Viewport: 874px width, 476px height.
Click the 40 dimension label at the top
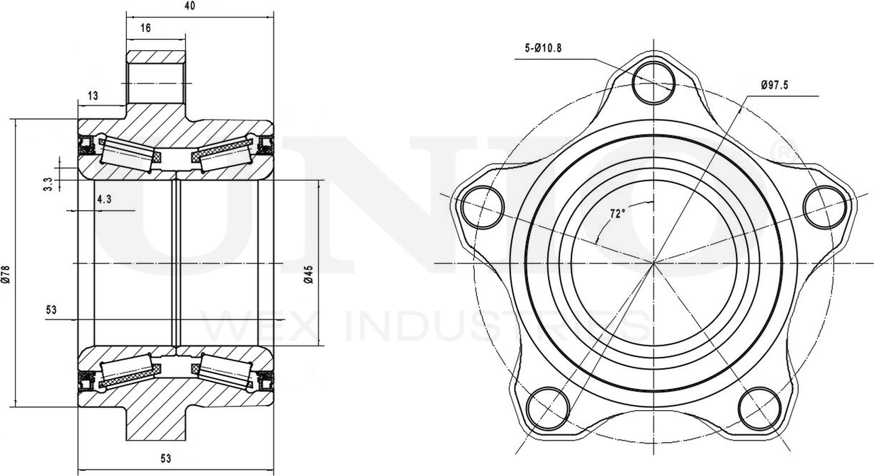tap(190, 6)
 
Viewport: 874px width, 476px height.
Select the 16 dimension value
tap(145, 28)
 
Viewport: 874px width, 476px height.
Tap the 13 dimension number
tap(93, 96)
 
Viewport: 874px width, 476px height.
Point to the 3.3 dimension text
tap(48, 184)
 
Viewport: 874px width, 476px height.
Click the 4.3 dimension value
tap(105, 199)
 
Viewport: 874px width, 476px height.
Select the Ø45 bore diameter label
tap(310, 274)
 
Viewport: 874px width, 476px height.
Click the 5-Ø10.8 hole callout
tap(543, 48)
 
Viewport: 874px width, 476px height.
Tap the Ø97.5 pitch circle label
tap(775, 84)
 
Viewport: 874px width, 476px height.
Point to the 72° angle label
tap(617, 214)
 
